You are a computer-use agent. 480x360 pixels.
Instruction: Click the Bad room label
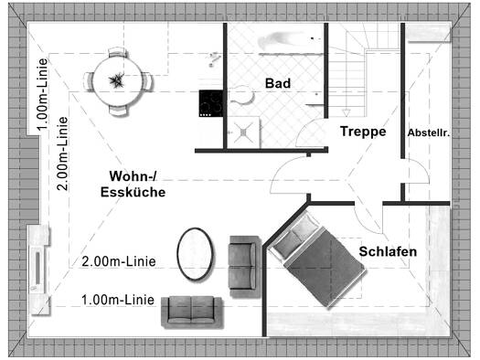click(278, 83)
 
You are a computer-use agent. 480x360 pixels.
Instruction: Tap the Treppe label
click(363, 132)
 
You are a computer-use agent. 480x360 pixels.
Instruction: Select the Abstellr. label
click(428, 132)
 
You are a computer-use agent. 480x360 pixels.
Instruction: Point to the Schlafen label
click(388, 251)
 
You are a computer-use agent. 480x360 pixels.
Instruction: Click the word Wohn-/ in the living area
click(133, 175)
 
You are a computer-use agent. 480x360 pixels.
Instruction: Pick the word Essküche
click(133, 192)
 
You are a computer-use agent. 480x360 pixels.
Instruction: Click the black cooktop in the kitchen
click(210, 103)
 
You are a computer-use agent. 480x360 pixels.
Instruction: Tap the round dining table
click(118, 81)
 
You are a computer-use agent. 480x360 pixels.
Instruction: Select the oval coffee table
click(195, 254)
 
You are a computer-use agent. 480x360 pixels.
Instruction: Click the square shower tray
click(244, 132)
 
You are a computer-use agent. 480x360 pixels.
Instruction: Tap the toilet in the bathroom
click(242, 94)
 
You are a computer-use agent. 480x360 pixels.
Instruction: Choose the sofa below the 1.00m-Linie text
click(192, 312)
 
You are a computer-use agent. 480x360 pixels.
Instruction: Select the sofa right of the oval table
click(243, 267)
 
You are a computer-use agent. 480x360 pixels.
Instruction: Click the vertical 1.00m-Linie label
click(42, 94)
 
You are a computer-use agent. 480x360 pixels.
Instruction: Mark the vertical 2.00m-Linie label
click(62, 154)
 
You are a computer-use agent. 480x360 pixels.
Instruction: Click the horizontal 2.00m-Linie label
click(119, 261)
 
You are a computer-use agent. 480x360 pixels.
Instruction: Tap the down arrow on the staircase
click(347, 112)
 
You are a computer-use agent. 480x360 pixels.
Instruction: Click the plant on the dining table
click(117, 80)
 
